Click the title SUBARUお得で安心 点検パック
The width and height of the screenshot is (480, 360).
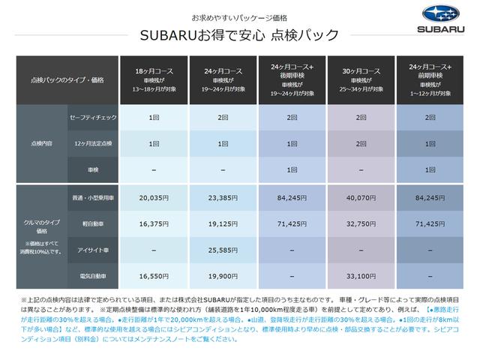238,34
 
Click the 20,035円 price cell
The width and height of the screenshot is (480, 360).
154,199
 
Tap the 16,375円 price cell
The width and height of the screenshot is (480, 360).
154,223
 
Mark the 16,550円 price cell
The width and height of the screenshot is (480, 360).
154,275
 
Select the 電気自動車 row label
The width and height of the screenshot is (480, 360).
89,275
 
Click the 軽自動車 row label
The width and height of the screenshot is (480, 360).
89,223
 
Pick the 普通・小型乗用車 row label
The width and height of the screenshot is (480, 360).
89,199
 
